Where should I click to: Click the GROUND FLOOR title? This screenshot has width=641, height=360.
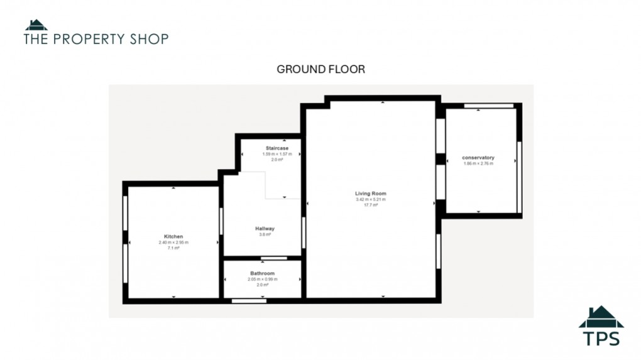point(320,69)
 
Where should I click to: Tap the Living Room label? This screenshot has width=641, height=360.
point(370,194)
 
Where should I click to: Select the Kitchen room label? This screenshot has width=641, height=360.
point(173,236)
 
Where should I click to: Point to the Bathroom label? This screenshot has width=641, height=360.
point(263,273)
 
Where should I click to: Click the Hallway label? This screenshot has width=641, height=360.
point(265,229)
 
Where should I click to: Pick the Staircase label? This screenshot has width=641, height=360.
point(277,148)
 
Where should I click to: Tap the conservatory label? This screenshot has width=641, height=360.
point(478,157)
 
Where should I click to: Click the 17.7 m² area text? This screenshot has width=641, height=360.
point(370,205)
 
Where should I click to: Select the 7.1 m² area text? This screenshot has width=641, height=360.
point(173,248)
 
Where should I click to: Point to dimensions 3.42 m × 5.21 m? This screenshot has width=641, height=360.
point(370,199)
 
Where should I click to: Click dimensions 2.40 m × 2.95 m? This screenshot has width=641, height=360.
point(173,243)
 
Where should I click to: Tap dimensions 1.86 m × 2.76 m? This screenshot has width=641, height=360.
point(478,163)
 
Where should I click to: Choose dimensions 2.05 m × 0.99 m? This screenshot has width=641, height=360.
point(263,279)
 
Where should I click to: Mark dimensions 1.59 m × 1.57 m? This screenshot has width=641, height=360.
point(277,154)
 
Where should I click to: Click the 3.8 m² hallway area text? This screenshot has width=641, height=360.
point(265,234)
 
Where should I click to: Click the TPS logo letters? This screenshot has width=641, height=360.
point(601,338)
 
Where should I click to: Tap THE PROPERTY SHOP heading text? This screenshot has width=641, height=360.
point(96,39)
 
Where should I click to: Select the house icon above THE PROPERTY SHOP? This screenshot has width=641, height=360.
point(36,25)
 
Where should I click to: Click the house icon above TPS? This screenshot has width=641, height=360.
point(601,316)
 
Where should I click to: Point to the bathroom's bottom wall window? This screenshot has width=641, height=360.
point(244,301)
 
